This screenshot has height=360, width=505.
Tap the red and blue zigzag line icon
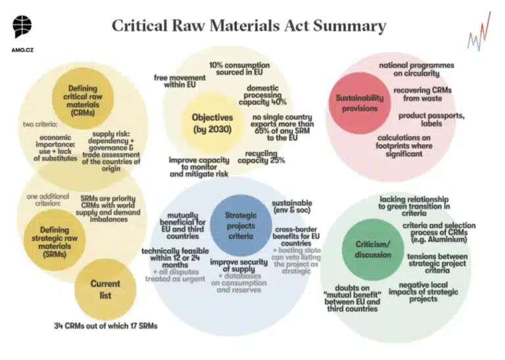coord(479,32)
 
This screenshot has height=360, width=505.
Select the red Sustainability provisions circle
coord(360,103)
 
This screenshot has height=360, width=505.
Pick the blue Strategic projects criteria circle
coord(241,225)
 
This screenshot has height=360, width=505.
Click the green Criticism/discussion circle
coord(373,250)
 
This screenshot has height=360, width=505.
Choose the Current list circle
coord(105,290)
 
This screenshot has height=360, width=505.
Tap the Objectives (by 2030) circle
coord(212,124)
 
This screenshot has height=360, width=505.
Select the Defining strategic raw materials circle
coord(55,240)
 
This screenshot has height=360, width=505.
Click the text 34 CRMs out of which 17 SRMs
coord(106,326)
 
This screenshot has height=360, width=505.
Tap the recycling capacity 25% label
coord(261,157)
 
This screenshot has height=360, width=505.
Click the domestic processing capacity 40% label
coord(262,95)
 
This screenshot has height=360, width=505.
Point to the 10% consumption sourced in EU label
coord(239,68)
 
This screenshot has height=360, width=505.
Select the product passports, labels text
coord(431,120)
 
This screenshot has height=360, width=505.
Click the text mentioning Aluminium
coord(439,233)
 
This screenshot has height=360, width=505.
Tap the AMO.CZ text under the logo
coord(22,50)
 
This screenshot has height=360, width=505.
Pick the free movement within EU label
coord(180,81)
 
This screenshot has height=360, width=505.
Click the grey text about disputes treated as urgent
coord(175,275)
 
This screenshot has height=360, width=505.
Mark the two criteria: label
coord(40,124)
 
